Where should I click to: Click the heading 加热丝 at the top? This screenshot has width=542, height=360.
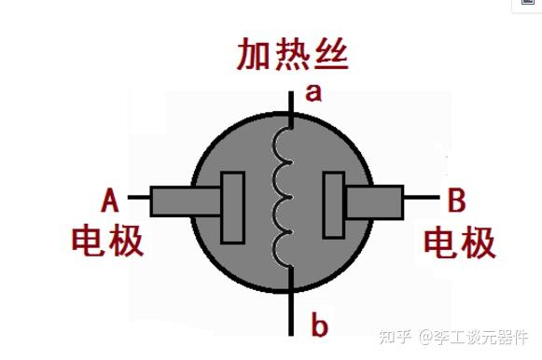coord(291,57)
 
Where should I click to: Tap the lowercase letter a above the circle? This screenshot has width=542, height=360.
coord(313,91)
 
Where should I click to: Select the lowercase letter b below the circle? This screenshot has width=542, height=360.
coord(319,325)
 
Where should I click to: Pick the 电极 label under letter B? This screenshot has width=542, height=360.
coord(460,242)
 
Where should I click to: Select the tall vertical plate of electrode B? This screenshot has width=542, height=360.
coord(332,205)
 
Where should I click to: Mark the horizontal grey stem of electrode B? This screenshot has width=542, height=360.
coord(373,201)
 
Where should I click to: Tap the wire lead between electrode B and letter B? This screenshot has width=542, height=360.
coord(421,198)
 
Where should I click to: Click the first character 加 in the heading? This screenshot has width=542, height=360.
coord(249,57)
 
